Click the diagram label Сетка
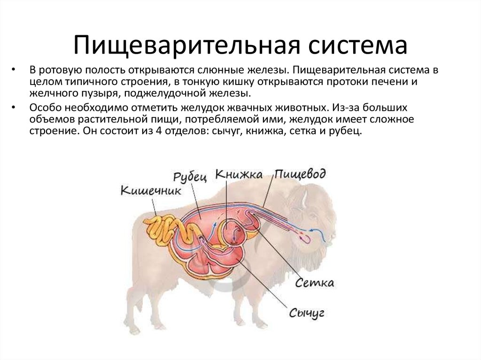tap(315, 283)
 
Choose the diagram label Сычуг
tap(307, 313)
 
